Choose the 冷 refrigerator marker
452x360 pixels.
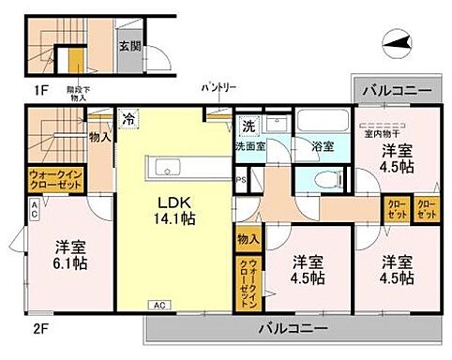click(128, 119)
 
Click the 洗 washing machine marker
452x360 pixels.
click(249, 125)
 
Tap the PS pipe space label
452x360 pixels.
click(239, 181)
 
